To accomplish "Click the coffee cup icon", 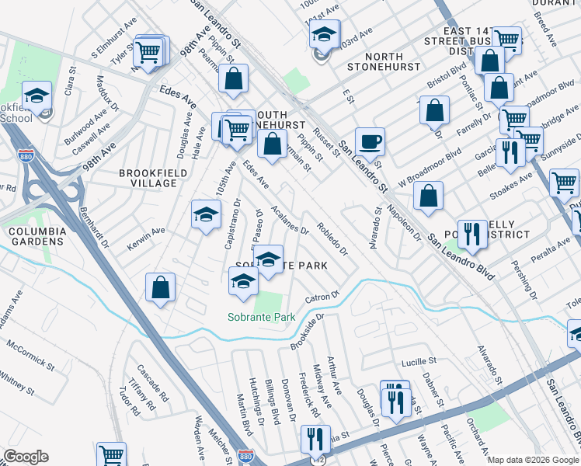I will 370,141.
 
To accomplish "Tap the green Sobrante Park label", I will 262,316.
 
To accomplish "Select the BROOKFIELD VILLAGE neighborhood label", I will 148,178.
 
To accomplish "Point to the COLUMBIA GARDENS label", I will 36,236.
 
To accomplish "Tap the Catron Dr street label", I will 322,297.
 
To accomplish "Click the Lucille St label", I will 419,363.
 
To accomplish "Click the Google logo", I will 26,457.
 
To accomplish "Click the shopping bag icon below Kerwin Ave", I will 160,288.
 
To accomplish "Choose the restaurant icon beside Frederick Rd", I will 315,439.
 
